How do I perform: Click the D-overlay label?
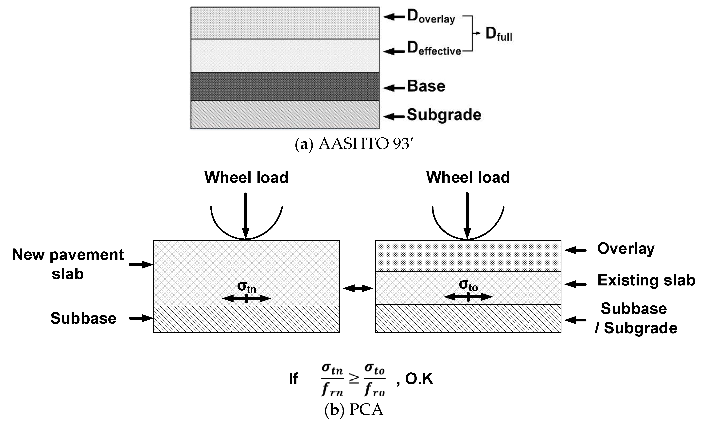point(431,17)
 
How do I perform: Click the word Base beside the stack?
point(426,86)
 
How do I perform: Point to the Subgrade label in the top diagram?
point(444,115)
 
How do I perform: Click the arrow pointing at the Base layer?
point(394,88)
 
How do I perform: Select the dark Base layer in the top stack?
point(285,86)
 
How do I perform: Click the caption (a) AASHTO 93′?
point(354,144)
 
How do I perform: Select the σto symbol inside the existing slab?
point(468,285)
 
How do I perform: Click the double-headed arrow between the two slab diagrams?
point(358,288)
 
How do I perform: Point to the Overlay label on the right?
point(626,249)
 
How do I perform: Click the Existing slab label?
point(646,280)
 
